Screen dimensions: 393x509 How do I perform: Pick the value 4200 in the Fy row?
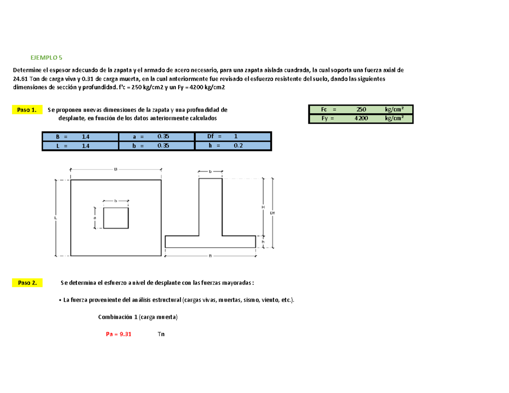coord(361,119)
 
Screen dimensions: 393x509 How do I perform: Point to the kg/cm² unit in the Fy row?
coord(394,119)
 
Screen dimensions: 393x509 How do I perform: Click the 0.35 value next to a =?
coord(162,137)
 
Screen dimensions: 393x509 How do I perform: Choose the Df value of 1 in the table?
coord(235,137)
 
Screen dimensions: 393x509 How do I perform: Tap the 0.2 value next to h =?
coord(238,145)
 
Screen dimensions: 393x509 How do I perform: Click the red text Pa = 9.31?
coord(119,334)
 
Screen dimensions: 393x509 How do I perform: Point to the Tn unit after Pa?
coord(161,334)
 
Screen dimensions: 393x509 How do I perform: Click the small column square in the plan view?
coord(116,218)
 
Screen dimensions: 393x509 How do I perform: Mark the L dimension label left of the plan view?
coord(56,218)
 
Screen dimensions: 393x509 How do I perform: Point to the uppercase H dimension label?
coord(263,206)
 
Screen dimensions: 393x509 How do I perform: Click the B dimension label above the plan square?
coord(115,169)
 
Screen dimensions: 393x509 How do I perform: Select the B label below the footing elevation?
coord(210,255)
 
